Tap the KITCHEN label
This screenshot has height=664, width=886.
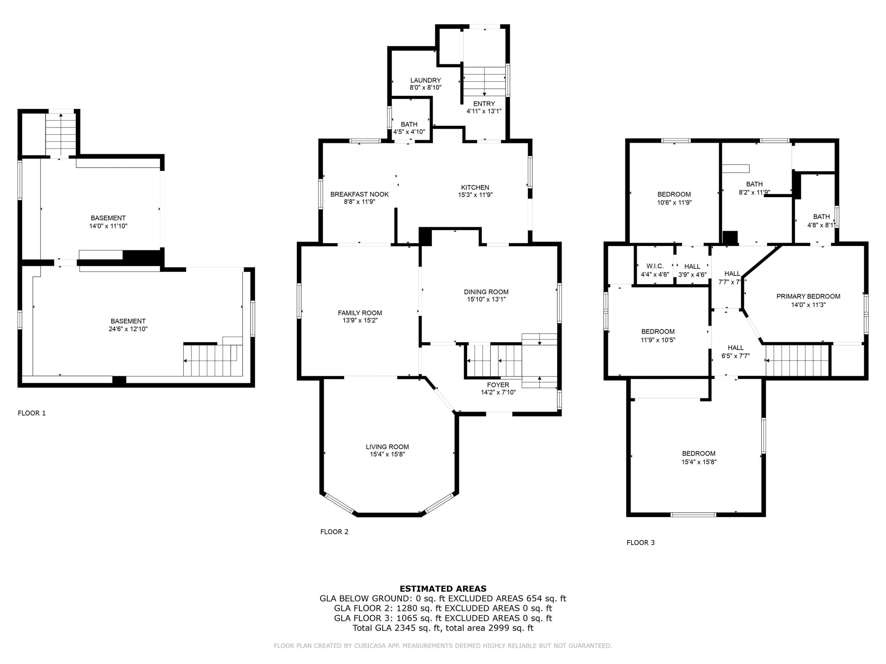pyautogui.click(x=475, y=187)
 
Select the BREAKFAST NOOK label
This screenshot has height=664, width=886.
pyautogui.click(x=359, y=194)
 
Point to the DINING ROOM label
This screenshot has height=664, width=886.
pyautogui.click(x=486, y=292)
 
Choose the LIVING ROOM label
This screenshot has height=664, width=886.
pyautogui.click(x=387, y=447)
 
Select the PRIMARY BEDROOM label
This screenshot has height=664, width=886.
pyautogui.click(x=808, y=297)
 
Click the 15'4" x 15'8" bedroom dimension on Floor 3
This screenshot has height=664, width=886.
pyautogui.click(x=699, y=462)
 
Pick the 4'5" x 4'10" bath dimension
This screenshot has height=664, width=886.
pyautogui.click(x=409, y=132)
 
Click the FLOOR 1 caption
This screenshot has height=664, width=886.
pyautogui.click(x=32, y=413)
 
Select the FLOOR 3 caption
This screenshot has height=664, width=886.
pyautogui.click(x=641, y=543)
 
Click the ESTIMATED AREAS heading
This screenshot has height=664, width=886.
pyautogui.click(x=443, y=589)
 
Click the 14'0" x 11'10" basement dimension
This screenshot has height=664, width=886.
pyautogui.click(x=108, y=226)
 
